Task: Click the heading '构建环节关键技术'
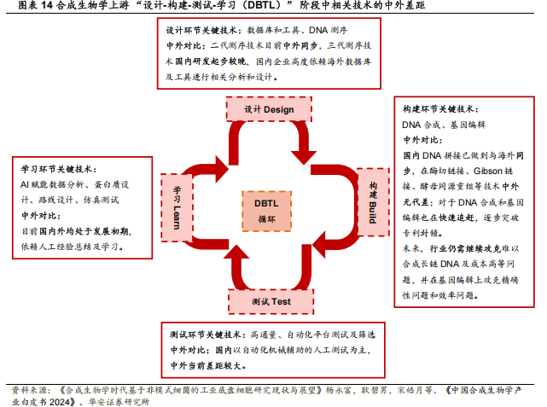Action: (x=440, y=110)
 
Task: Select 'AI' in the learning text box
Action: (x=25, y=184)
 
